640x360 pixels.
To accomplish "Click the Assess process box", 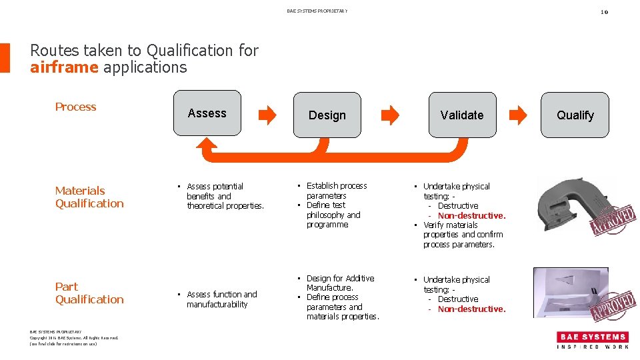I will click(207, 113).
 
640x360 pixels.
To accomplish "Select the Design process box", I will click(327, 115).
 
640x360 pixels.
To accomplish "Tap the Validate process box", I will click(461, 115).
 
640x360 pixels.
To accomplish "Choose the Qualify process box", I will click(575, 115).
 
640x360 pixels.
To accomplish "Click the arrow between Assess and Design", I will click(267, 115).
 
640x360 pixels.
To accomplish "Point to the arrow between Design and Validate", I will click(389, 115).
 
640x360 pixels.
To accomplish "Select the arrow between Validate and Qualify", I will click(517, 115).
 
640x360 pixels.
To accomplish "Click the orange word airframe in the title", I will click(64, 67).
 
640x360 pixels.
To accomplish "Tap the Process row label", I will click(75, 107).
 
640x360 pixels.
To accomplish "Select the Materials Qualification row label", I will click(89, 197).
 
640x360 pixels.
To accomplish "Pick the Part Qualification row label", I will click(89, 293).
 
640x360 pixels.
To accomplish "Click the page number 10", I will click(604, 11).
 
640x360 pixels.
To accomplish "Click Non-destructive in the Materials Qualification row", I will click(471, 215).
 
